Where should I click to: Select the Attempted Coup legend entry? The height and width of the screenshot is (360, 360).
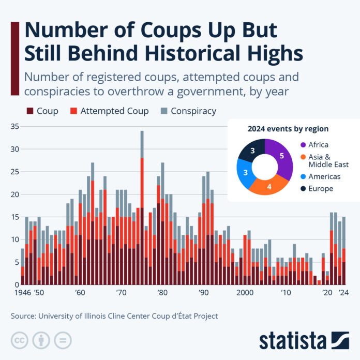109,111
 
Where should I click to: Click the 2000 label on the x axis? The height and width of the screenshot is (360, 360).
245,292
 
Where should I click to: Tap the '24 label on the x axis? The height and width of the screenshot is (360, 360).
342,292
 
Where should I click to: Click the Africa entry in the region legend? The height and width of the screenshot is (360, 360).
317,145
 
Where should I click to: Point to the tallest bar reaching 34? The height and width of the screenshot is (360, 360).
142,207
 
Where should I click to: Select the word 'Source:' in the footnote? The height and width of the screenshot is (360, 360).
24,315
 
